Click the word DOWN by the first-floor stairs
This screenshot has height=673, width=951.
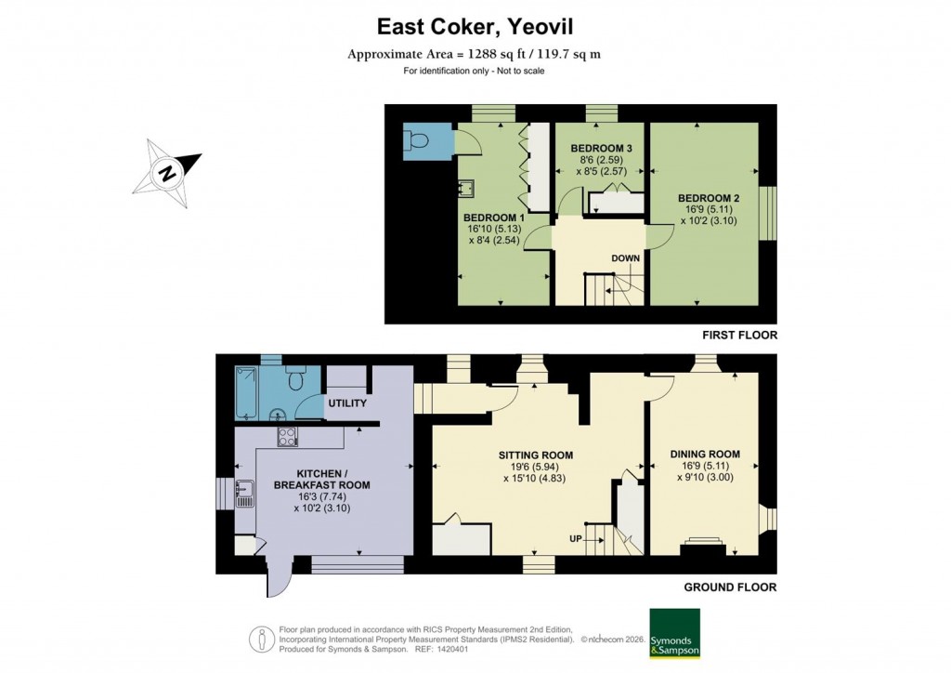tap(626, 257)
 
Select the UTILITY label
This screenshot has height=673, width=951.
tap(347, 403)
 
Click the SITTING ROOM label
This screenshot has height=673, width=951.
tap(535, 455)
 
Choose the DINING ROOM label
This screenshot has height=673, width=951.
tap(705, 454)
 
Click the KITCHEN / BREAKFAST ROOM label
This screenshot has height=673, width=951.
tap(321, 478)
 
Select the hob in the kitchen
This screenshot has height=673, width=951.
tap(287, 438)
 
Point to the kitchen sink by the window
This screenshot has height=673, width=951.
tap(245, 493)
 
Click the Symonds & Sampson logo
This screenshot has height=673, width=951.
tap(674, 633)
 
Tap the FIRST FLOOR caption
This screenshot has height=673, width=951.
tap(740, 335)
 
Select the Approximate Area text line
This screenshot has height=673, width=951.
tap(474, 54)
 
